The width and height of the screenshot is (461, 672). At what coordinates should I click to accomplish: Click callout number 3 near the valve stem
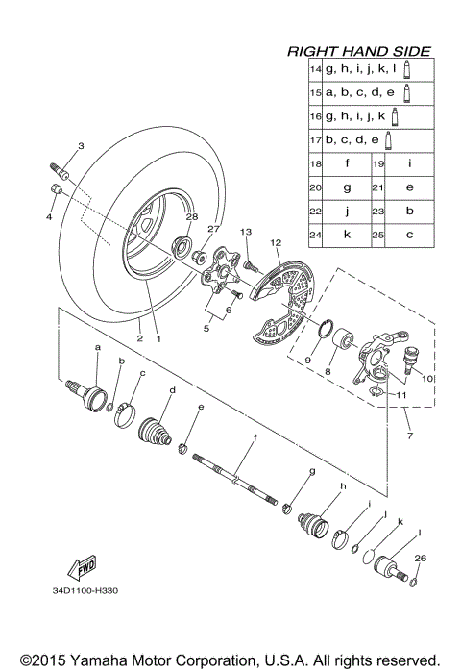(81, 145)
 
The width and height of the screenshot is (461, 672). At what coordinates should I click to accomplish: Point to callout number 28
(191, 217)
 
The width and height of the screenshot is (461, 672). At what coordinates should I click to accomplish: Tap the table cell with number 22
(314, 211)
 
